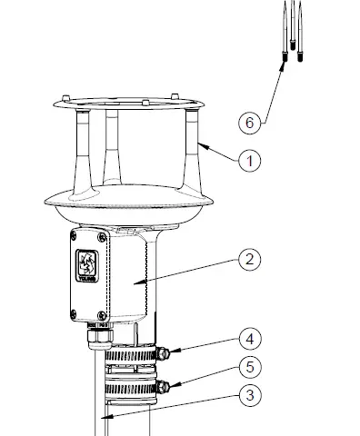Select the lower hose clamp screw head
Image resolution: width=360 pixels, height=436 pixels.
coord(163,387)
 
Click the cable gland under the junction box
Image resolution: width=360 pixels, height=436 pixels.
coord(97,338)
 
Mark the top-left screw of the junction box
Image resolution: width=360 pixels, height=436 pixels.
coord(74,234)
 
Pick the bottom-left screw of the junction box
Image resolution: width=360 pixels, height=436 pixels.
coord(74,314)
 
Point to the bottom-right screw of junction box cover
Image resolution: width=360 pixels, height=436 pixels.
coord(112,314)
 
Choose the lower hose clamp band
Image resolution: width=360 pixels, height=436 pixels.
coord(127,391)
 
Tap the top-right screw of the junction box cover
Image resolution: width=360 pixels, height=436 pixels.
coord(112,234)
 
